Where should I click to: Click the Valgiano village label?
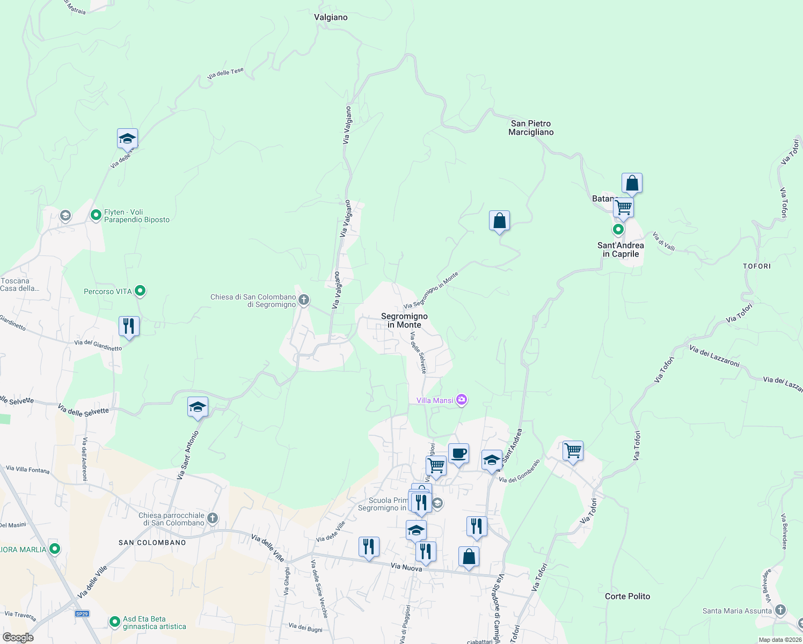click(x=331, y=17)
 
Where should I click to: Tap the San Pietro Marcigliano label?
click(x=531, y=128)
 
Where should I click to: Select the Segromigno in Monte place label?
click(x=404, y=320)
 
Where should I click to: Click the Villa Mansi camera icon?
click(x=462, y=400)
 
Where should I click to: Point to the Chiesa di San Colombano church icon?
click(x=304, y=300)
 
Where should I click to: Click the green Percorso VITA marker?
click(x=140, y=291)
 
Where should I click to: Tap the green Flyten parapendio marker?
click(x=96, y=215)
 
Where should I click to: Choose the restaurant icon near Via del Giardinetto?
click(x=129, y=326)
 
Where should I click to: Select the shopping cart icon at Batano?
click(x=623, y=207)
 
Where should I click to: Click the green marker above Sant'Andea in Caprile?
click(x=618, y=230)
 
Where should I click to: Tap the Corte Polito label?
click(x=627, y=596)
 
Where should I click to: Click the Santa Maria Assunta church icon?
click(x=780, y=610)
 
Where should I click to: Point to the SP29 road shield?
click(x=82, y=614)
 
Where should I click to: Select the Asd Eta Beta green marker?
click(x=114, y=622)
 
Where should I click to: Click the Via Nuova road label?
click(x=406, y=567)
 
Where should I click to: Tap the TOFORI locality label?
click(x=756, y=266)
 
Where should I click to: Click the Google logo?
click(x=18, y=638)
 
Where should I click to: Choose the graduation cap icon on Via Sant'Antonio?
click(x=198, y=407)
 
